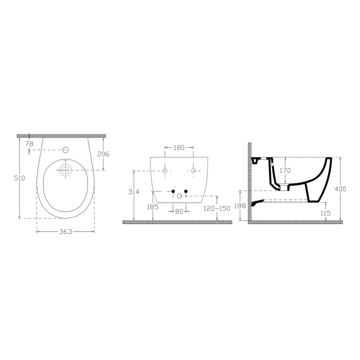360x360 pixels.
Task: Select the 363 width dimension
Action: [x=65, y=232]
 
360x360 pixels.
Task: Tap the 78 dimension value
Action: [x=29, y=143]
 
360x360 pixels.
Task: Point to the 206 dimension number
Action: [x=103, y=154]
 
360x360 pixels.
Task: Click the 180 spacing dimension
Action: [x=179, y=148]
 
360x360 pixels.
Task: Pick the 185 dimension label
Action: [x=153, y=207]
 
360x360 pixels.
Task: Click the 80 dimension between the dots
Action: [x=179, y=211]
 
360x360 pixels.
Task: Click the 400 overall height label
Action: [x=340, y=189]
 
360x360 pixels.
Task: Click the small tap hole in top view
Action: [x=65, y=150]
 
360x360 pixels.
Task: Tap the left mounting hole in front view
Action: [x=165, y=170]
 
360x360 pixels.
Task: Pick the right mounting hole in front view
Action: [x=193, y=170]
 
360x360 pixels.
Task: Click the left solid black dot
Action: [x=173, y=191]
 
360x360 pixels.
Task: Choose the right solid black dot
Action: [x=186, y=191]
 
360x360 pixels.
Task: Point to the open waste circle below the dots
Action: [x=179, y=195]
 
